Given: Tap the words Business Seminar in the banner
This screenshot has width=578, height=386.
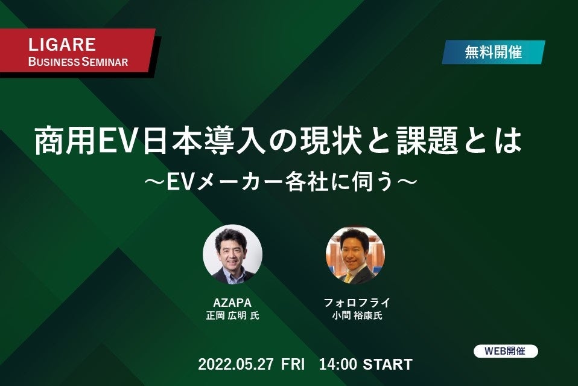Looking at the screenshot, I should (x=78, y=62).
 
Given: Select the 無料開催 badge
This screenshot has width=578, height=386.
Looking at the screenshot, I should (x=493, y=53).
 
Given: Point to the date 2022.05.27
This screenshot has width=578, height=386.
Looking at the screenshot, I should (x=236, y=365).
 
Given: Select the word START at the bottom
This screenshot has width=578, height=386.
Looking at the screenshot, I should (x=388, y=365).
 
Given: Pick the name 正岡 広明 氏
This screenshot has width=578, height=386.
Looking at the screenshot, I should (x=232, y=315).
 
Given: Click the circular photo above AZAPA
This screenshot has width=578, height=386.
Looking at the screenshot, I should (x=232, y=254).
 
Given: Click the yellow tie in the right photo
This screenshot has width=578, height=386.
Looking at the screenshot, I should (x=349, y=277).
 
